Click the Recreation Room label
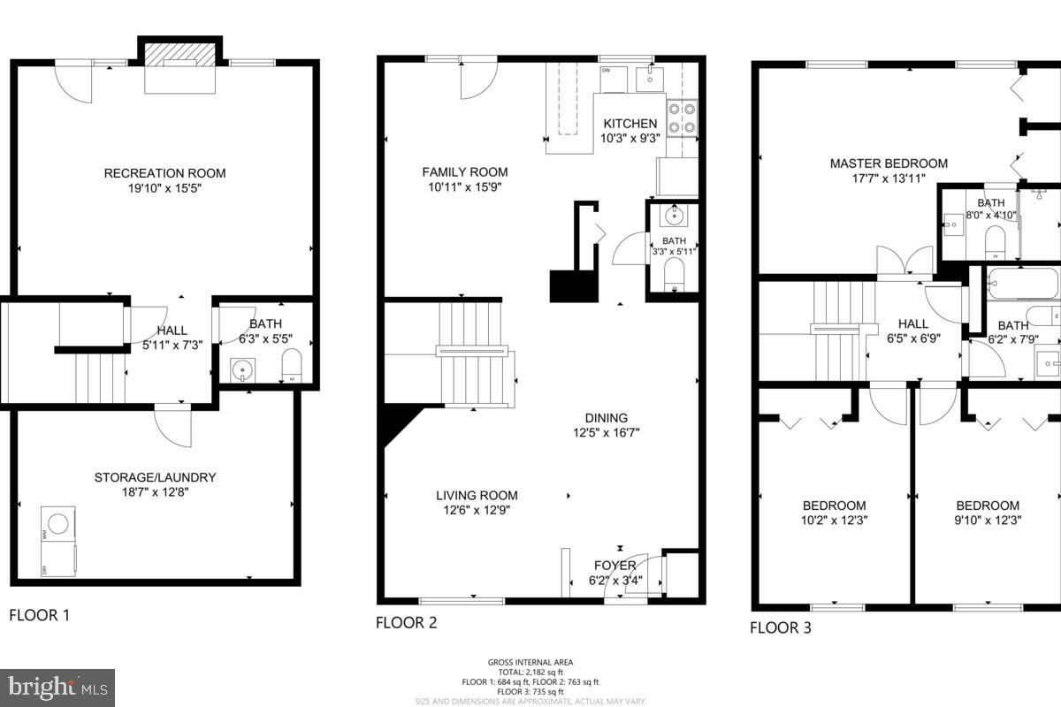coord(164,173)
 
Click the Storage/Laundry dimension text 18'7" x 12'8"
coord(155,492)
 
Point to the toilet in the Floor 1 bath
coord(290,364)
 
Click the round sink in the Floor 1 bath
coord(240,367)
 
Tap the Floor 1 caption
coord(39,615)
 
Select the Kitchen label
coord(630,124)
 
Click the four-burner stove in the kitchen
coord(681,118)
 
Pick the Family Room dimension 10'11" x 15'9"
coord(465,186)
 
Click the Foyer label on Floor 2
coord(614,566)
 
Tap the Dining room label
coord(606,418)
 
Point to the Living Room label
coord(477,495)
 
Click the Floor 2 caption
coord(407,622)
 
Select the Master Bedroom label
coord(889,163)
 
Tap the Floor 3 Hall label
coord(913,324)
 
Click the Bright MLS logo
coord(57,687)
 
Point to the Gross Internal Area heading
coord(530,662)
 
